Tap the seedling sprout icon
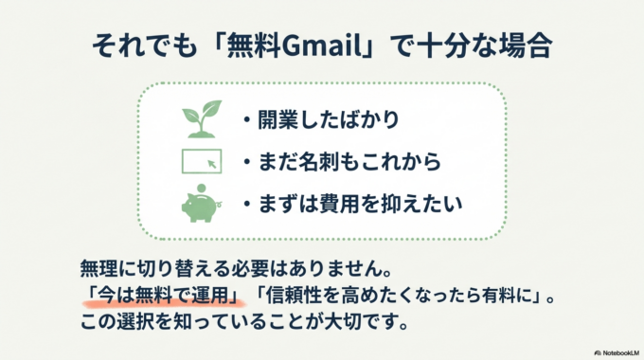tap(200, 120)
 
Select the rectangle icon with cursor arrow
tap(201, 161)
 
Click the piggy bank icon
tap(200, 203)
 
